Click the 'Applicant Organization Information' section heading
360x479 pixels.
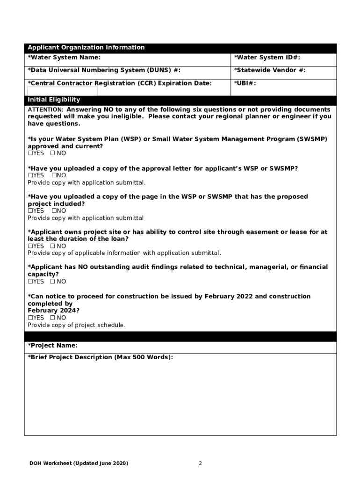(86, 48)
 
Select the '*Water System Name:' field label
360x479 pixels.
(64, 58)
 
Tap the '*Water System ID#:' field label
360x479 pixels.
(267, 58)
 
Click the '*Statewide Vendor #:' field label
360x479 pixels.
(270, 70)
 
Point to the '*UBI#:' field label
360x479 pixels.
(245, 83)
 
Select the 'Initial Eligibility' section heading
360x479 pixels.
(54, 100)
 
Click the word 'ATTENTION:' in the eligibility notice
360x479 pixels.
(42, 109)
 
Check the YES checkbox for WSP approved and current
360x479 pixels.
(30, 153)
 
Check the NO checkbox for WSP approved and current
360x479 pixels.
(52, 153)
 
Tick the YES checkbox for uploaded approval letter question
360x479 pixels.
(30, 175)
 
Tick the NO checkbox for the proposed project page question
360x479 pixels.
(54, 211)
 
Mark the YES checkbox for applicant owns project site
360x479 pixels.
(30, 246)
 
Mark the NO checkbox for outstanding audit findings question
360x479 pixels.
(52, 282)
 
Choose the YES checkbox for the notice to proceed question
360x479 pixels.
(30, 318)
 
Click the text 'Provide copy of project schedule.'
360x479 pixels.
(77, 325)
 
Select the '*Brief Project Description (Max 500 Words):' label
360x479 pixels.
(100, 357)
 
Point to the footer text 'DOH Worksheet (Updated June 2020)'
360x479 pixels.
(79, 464)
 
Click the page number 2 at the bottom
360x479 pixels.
(200, 464)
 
